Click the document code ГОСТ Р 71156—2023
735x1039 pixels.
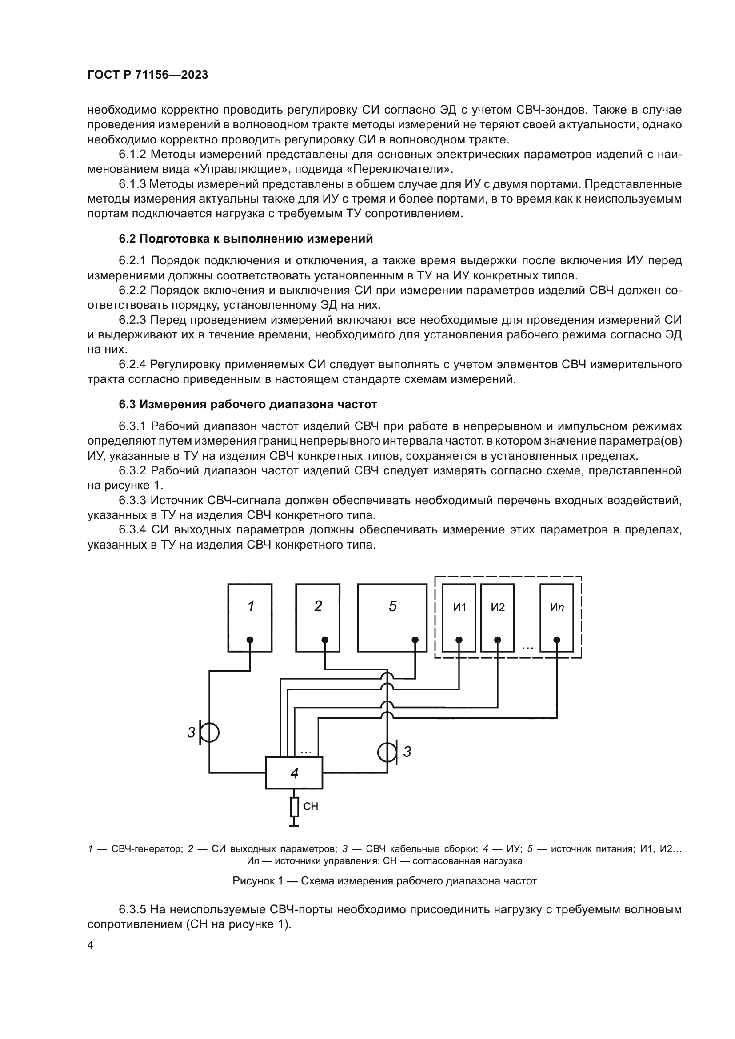tap(148, 75)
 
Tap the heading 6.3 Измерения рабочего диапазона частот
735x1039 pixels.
tap(248, 404)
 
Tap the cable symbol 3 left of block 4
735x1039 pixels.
tap(210, 732)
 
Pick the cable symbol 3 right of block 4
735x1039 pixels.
tap(387, 752)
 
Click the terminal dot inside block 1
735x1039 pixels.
tap(250, 639)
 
